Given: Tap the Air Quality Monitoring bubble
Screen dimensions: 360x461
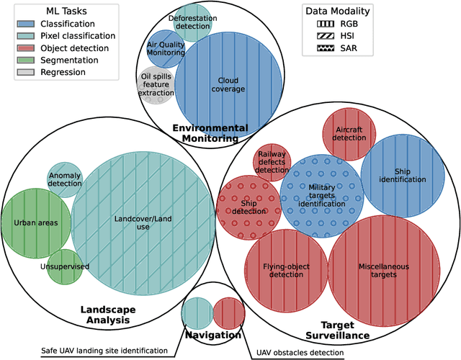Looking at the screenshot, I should pos(165,48).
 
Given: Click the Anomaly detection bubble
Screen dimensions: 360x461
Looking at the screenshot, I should pos(65,180).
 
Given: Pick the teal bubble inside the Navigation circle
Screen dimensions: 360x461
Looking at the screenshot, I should pos(195,312).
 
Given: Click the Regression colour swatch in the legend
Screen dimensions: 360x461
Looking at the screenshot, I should pos(27,72).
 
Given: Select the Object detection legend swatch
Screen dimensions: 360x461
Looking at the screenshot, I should pos(27,48).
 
